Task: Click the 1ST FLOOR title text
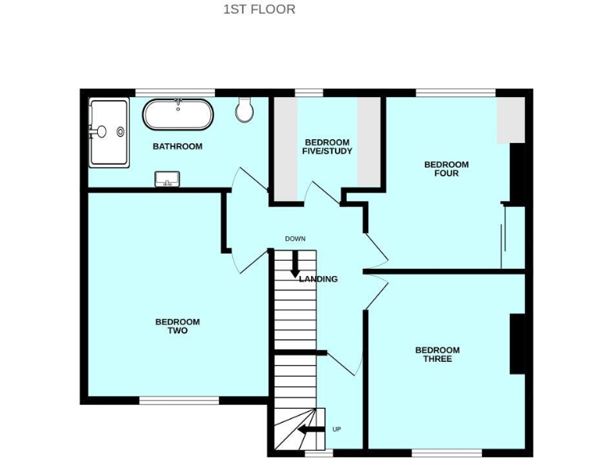pos(259,10)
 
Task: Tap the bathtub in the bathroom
pos(177,115)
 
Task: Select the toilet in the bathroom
pos(245,111)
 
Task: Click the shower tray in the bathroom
pos(109,132)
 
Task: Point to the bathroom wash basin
pos(167,179)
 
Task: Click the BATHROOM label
pos(177,146)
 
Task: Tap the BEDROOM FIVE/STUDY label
pos(328,146)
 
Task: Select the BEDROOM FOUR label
pos(446,169)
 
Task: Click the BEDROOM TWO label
pos(177,326)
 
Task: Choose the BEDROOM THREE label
pos(438,355)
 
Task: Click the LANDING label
pos(318,279)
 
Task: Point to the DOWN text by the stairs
pos(295,239)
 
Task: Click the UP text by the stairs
pos(337,430)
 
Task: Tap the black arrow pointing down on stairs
pos(295,262)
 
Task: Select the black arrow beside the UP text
pos(310,431)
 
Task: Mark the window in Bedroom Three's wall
pos(446,453)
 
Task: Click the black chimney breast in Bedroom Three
pos(517,343)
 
